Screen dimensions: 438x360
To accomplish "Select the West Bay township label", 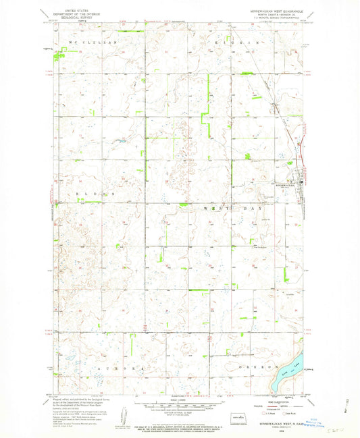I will coord(232,209).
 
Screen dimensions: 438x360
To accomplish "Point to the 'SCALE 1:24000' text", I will coord(180,401).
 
